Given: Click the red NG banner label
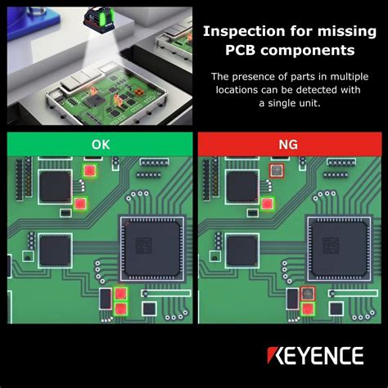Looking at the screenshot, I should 288,144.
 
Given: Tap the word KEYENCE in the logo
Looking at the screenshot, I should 314,356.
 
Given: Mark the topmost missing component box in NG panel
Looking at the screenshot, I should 276,170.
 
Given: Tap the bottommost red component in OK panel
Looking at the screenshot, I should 121,309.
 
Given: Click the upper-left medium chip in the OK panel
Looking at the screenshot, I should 55,187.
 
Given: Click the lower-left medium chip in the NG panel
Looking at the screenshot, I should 241,250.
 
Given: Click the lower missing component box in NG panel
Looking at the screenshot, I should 307,293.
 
